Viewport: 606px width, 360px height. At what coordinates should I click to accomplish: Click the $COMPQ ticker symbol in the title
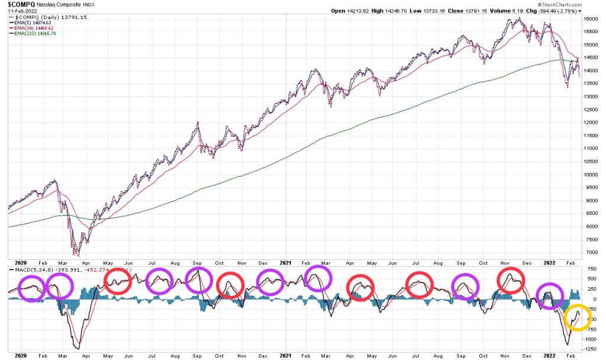tap(17, 4)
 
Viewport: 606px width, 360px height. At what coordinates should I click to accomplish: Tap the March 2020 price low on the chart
tap(76, 254)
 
